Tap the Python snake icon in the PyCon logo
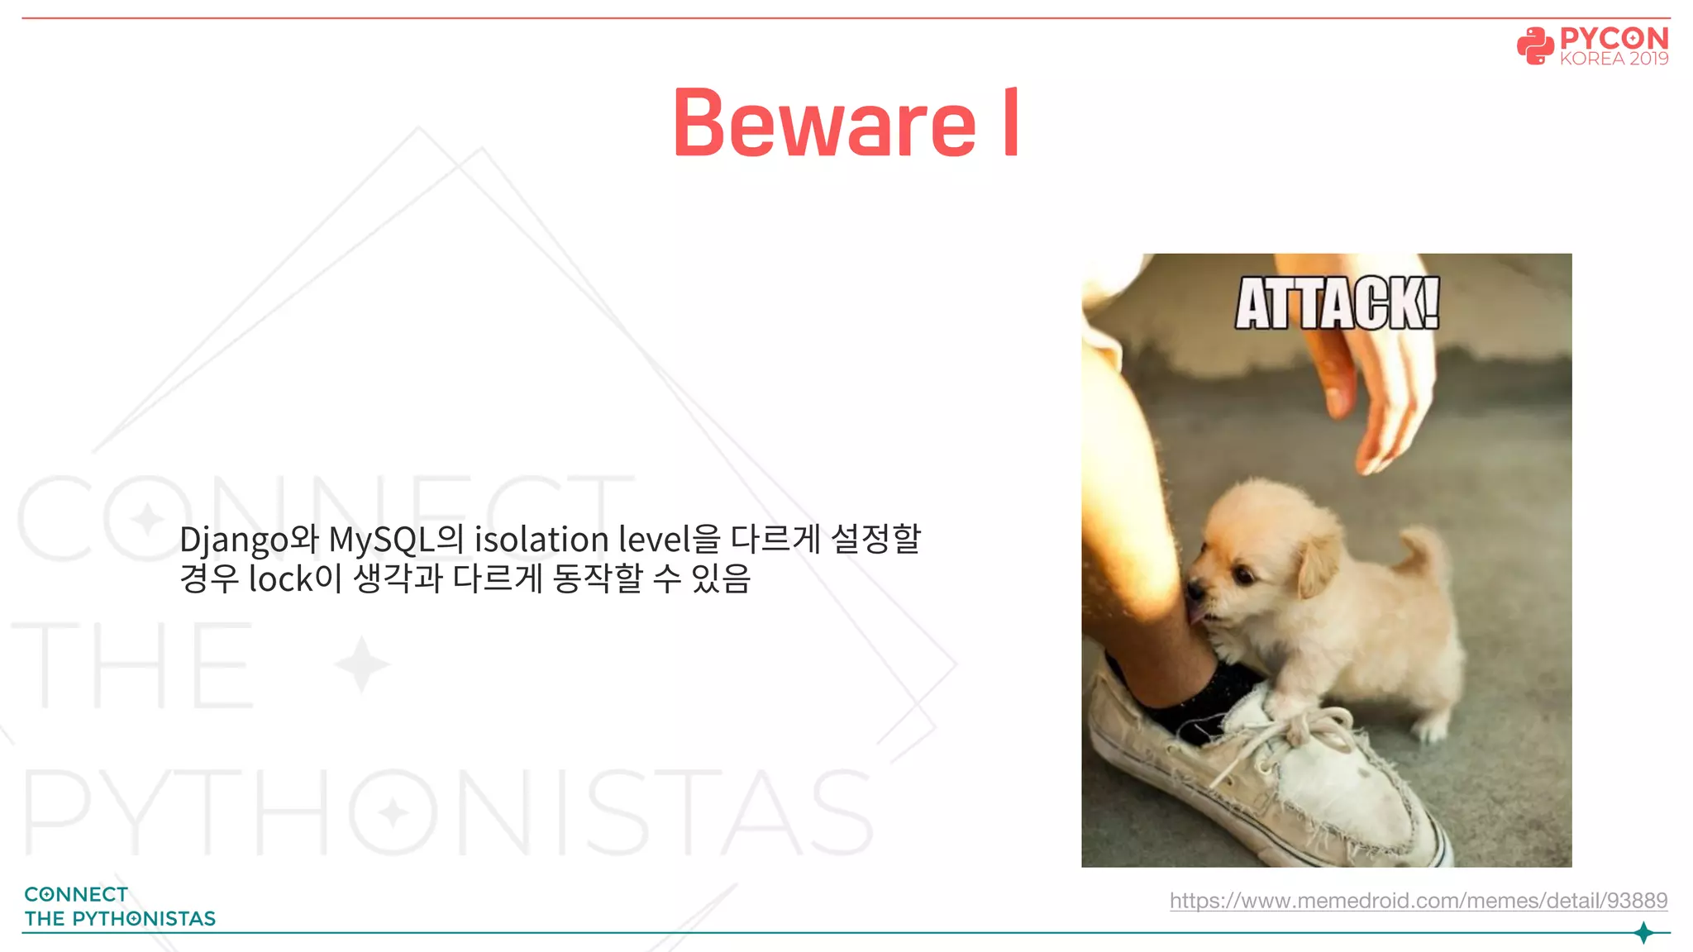click(x=1535, y=46)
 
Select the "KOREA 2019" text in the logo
click(x=1614, y=59)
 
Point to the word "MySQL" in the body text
click(x=381, y=540)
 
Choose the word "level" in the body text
click(x=654, y=540)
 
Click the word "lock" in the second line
click(x=281, y=579)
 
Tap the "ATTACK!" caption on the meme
click(x=1337, y=304)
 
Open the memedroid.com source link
click(x=1418, y=900)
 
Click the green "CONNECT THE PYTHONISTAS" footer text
click(x=119, y=907)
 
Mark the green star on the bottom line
click(x=1643, y=933)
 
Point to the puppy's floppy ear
click(x=1318, y=562)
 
